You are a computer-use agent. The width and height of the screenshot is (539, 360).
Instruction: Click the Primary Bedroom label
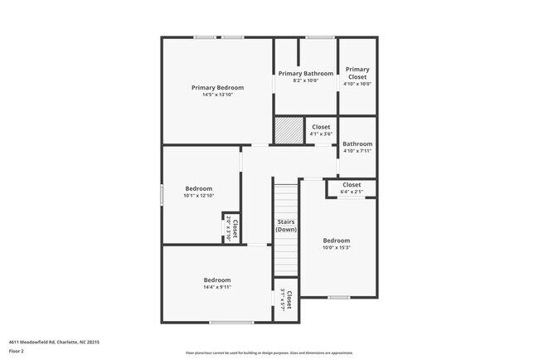point(217,87)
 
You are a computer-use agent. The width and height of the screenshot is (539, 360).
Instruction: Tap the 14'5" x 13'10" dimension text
point(217,95)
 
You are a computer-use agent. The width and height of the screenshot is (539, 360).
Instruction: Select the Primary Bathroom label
point(305,74)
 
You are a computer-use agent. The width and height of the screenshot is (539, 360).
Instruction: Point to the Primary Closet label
point(357,72)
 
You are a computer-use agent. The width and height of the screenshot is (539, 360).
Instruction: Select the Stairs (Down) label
point(286,226)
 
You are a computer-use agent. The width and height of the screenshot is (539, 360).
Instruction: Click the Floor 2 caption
point(17,351)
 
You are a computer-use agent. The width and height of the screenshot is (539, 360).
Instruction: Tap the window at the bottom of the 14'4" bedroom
point(231,323)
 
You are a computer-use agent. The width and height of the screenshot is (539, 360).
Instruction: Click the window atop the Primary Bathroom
point(319,37)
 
